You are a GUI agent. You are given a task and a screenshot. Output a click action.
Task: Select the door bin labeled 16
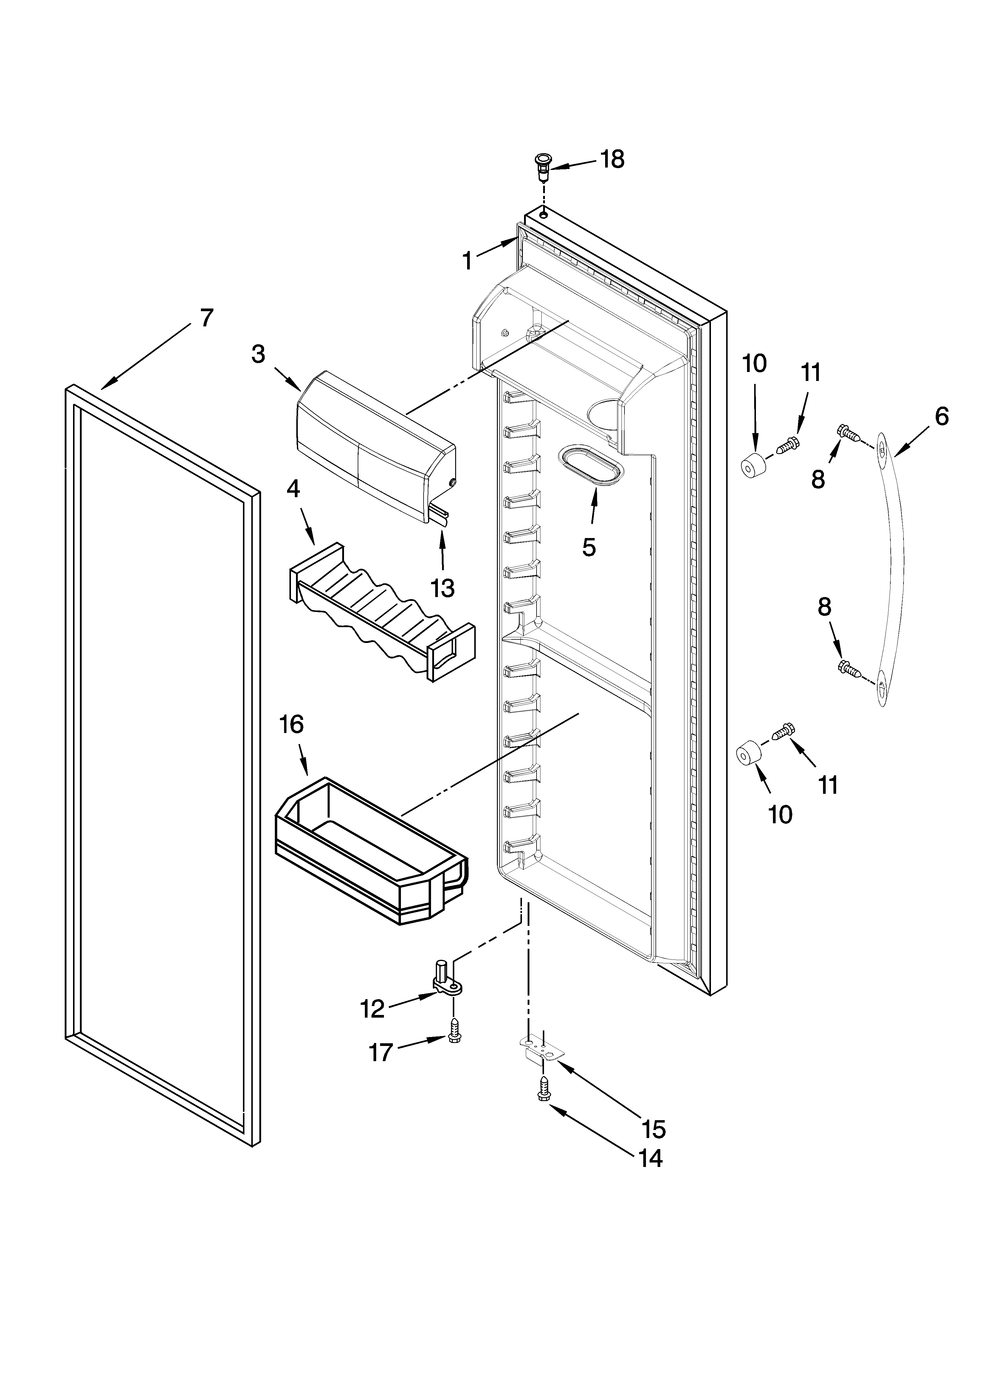pos(372,854)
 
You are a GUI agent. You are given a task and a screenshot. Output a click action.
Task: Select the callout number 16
pos(292,724)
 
